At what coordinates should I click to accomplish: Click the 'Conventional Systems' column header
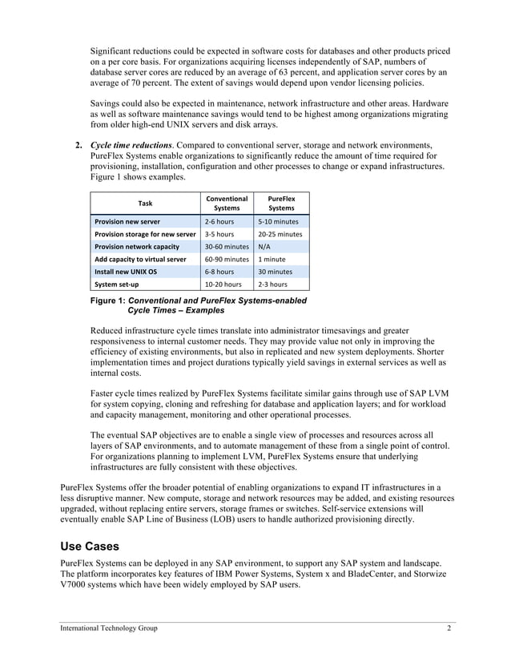pyautogui.click(x=227, y=203)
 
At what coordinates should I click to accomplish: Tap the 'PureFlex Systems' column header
pyautogui.click(x=281, y=203)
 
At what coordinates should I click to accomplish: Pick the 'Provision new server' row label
pyautogui.click(x=127, y=221)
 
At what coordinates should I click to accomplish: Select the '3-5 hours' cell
pyautogui.click(x=219, y=234)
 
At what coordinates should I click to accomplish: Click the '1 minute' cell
pyautogui.click(x=272, y=259)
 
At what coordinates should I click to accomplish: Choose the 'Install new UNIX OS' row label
pyautogui.click(x=126, y=272)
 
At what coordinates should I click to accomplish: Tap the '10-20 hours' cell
pyautogui.click(x=223, y=284)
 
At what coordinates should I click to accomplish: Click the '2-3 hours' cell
pyautogui.click(x=272, y=284)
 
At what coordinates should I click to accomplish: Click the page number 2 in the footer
pyautogui.click(x=449, y=628)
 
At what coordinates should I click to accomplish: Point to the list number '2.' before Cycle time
pyautogui.click(x=79, y=145)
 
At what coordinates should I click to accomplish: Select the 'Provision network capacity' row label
pyautogui.click(x=137, y=247)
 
